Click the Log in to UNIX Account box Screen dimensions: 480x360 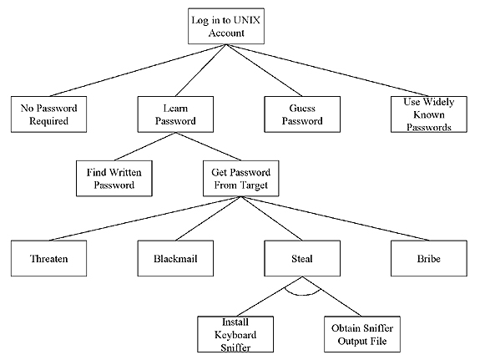click(226, 27)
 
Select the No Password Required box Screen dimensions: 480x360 click(48, 114)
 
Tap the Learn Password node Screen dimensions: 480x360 click(175, 114)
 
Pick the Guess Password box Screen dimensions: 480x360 click(302, 114)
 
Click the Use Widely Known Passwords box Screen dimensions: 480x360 click(429, 114)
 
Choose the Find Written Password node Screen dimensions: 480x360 click(114, 178)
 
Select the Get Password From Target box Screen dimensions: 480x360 click(241, 178)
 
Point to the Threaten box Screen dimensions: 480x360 click(48, 258)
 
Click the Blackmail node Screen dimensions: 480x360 click(175, 258)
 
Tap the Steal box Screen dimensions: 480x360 click(302, 258)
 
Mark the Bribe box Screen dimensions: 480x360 click(429, 258)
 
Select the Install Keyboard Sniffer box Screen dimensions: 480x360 click(235, 334)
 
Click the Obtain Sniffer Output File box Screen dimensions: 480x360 click(362, 334)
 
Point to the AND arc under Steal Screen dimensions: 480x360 click(302, 295)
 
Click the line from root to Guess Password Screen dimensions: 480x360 click(264, 70)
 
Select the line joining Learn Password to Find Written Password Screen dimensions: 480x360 click(144, 146)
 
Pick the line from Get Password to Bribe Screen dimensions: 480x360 click(335, 219)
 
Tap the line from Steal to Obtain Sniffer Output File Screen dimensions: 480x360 click(332, 297)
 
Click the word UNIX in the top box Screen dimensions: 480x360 click(247, 20)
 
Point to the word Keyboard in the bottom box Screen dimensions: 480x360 click(235, 335)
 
